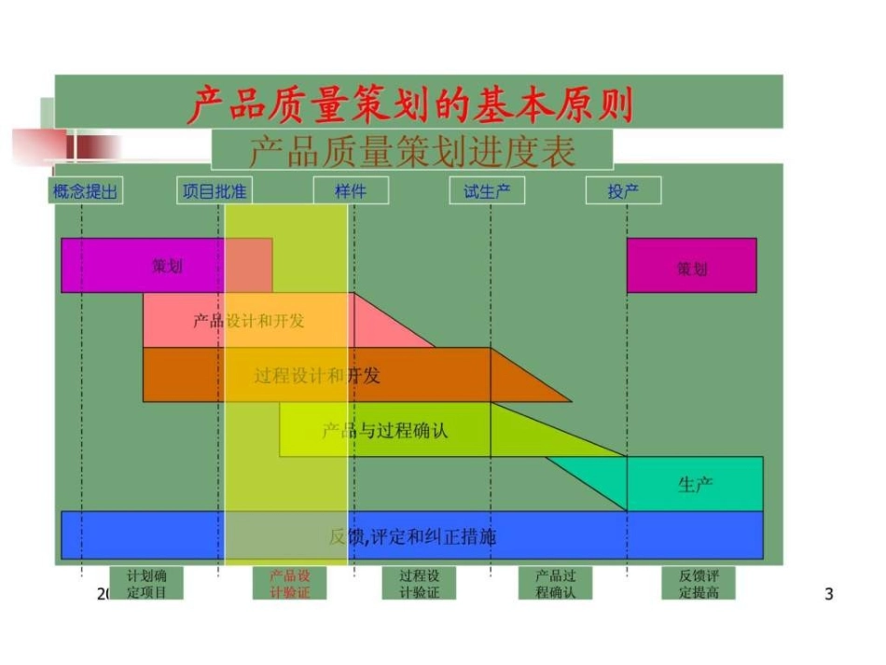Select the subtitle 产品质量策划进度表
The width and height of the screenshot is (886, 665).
tap(411, 151)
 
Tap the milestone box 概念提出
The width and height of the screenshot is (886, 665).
tap(85, 191)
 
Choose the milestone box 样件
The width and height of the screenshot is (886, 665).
tap(351, 191)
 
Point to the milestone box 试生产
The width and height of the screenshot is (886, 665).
tap(487, 191)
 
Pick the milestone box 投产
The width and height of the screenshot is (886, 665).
tap(623, 191)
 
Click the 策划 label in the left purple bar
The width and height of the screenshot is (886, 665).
tap(168, 266)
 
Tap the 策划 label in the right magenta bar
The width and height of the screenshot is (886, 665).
tap(692, 269)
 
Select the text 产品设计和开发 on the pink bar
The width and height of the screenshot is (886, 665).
tap(248, 321)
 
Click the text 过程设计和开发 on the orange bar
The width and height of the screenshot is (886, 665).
tap(317, 376)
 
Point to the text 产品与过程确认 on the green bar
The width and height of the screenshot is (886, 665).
tap(384, 431)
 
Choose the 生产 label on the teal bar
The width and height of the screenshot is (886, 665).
tap(695, 484)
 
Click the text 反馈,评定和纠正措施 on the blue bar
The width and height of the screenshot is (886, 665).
tap(412, 536)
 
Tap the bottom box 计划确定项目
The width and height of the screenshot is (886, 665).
tap(146, 583)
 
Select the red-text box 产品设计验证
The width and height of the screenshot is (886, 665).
tap(289, 583)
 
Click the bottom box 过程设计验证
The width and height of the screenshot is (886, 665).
tap(419, 583)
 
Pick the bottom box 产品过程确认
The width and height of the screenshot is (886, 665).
tap(556, 583)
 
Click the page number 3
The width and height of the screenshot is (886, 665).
tap(829, 594)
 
